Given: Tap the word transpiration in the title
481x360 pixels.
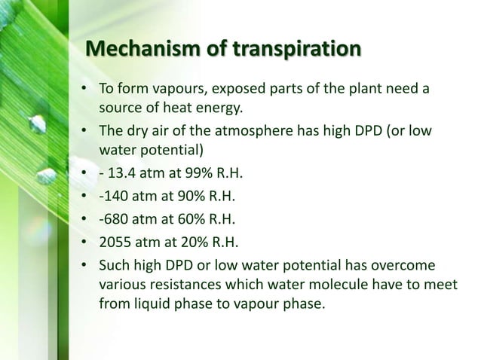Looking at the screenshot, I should coord(298,50).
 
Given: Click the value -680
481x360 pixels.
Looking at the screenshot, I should coord(115,221).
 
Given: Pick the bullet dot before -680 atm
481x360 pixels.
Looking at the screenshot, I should coord(85,221).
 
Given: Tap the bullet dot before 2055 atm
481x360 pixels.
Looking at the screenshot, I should coord(85,243).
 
